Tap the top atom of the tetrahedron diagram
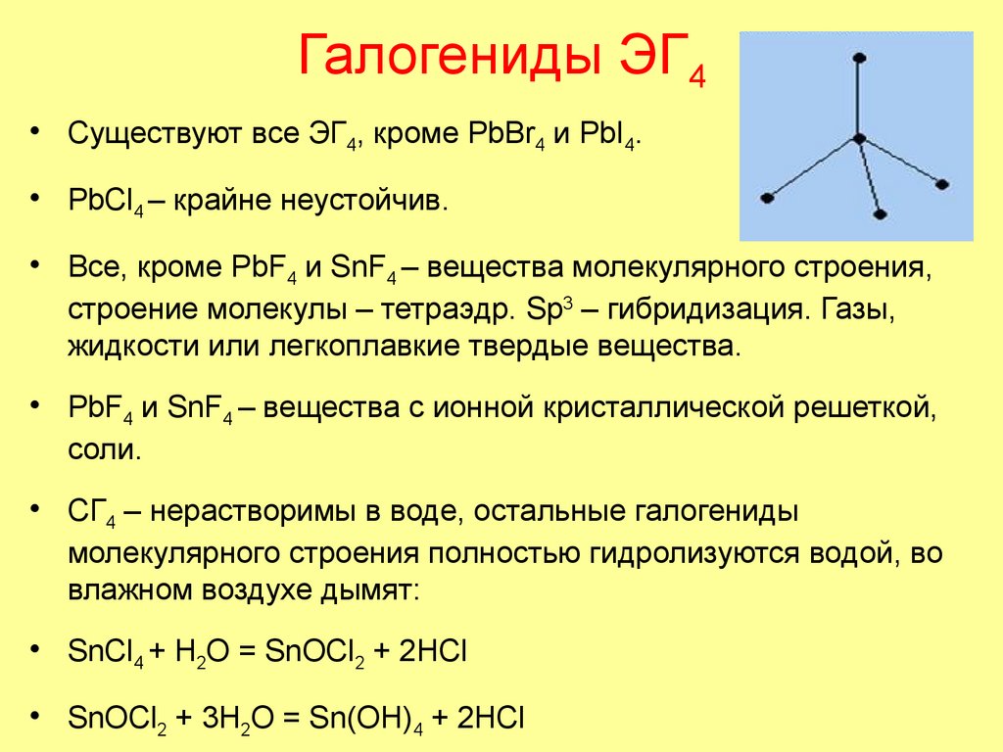tap(859, 59)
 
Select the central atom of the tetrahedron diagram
tap(858, 140)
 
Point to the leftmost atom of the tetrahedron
tap(767, 198)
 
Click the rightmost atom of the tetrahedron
tap(944, 183)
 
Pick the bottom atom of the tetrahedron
tap(880, 212)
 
